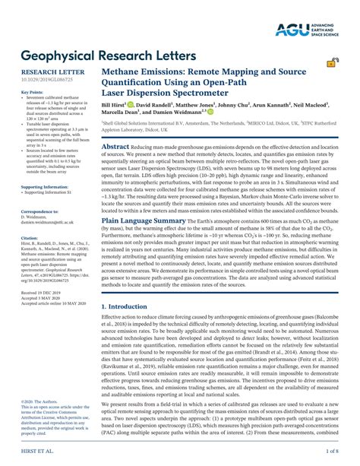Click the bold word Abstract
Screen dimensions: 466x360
point(115,147)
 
